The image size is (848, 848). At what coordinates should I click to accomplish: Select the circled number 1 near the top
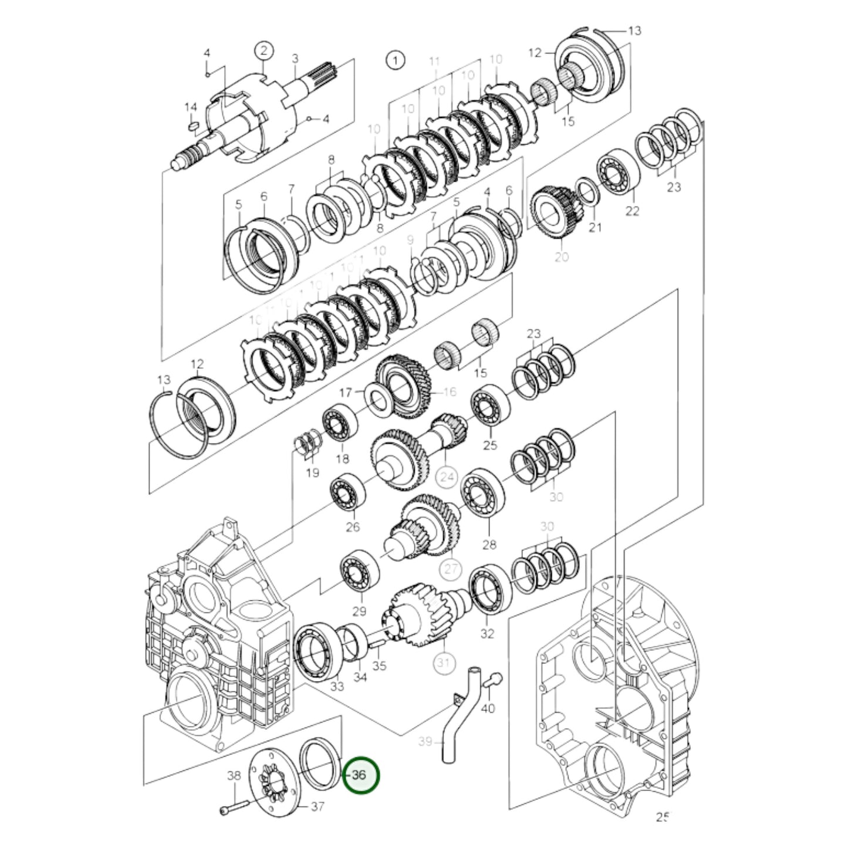click(395, 60)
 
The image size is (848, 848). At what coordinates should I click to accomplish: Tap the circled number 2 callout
click(263, 51)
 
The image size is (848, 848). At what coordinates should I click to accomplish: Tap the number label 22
click(631, 211)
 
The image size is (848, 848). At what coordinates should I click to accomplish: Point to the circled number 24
click(447, 477)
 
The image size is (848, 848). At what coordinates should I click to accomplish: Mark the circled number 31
click(444, 663)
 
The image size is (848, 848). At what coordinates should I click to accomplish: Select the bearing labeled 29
click(360, 572)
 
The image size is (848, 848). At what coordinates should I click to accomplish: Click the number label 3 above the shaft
click(295, 58)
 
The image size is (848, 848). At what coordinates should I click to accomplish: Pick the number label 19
click(313, 472)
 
